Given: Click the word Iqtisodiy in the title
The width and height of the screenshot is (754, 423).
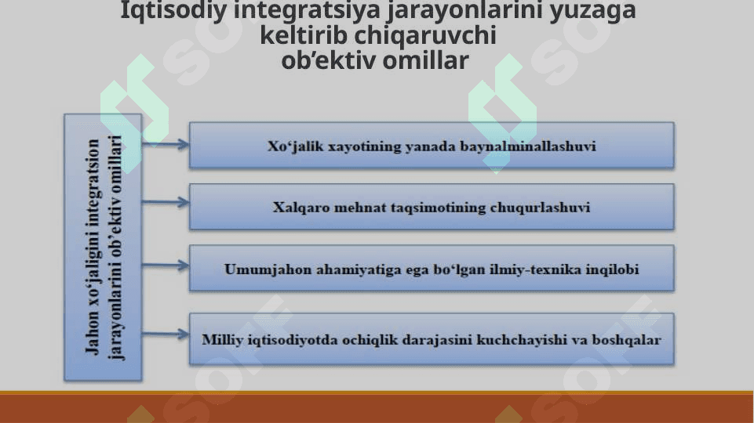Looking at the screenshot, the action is [173, 10].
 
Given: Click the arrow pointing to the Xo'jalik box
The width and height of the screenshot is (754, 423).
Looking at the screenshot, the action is [166, 144].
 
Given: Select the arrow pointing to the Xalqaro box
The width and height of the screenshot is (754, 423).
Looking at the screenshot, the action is [166, 202].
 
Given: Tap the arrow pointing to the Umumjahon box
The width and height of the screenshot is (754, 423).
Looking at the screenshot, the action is [166, 265].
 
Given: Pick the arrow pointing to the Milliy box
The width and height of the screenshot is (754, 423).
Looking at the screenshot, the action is [166, 334].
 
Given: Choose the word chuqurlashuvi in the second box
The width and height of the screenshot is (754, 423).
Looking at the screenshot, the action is [540, 208].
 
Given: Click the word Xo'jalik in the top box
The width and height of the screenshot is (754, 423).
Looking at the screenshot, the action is [295, 146].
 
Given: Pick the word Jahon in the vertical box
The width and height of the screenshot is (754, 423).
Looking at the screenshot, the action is [92, 336].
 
